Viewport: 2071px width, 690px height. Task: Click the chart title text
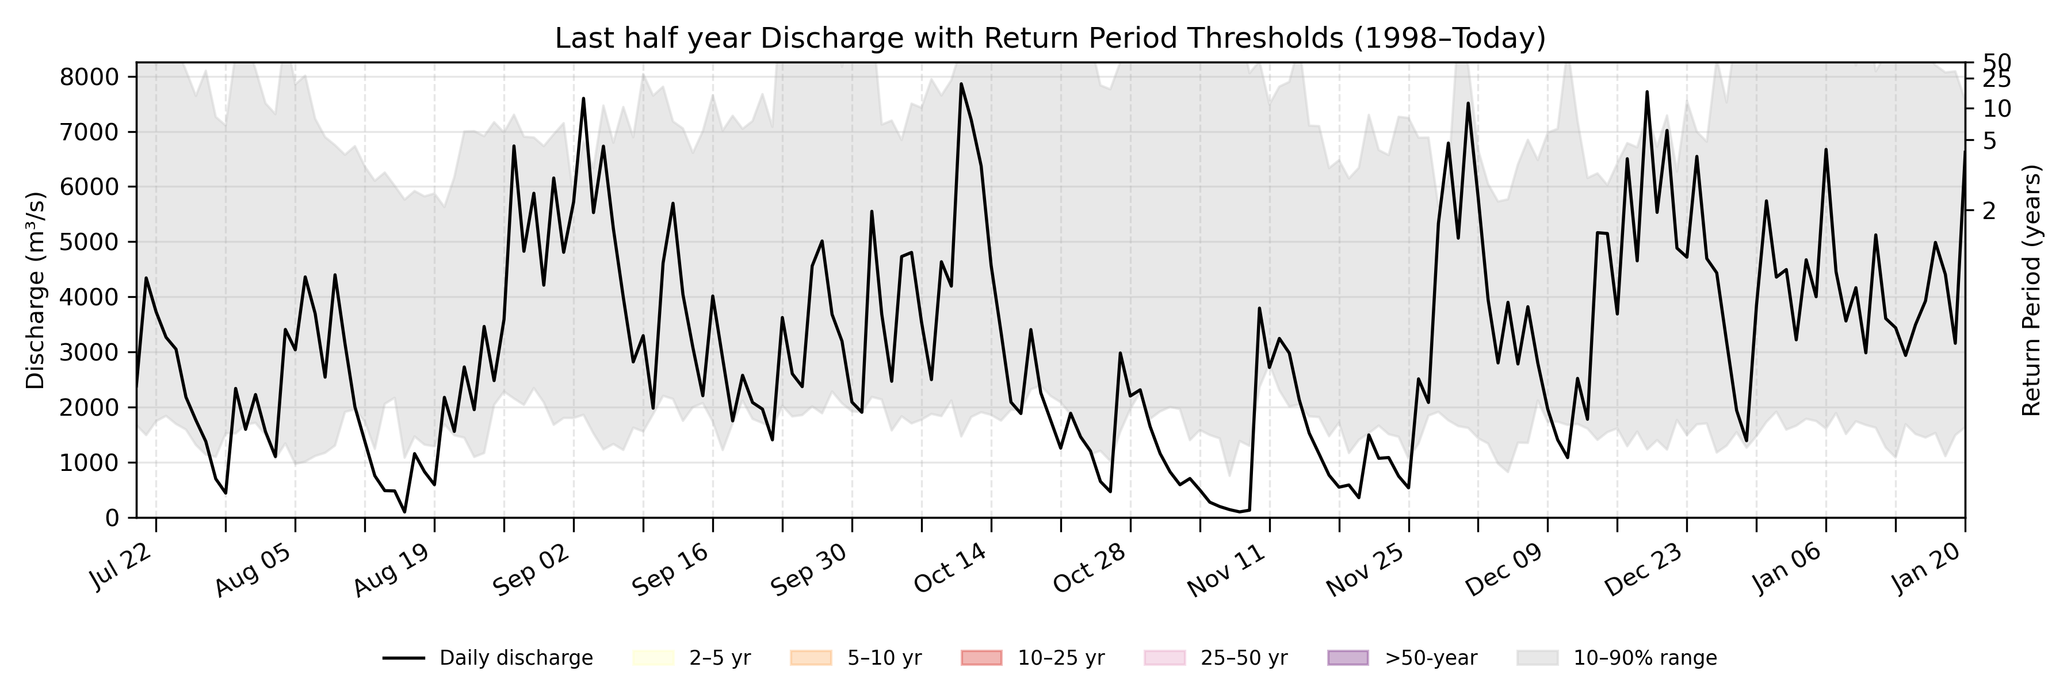1050,38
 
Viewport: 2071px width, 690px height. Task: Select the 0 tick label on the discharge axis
112,518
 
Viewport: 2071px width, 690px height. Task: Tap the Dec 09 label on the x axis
1503,569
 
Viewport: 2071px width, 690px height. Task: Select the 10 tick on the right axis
1996,109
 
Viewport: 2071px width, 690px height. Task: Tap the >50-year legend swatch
1347,658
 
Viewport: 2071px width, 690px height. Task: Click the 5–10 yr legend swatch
811,658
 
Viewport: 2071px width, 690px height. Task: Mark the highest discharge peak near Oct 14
961,83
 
